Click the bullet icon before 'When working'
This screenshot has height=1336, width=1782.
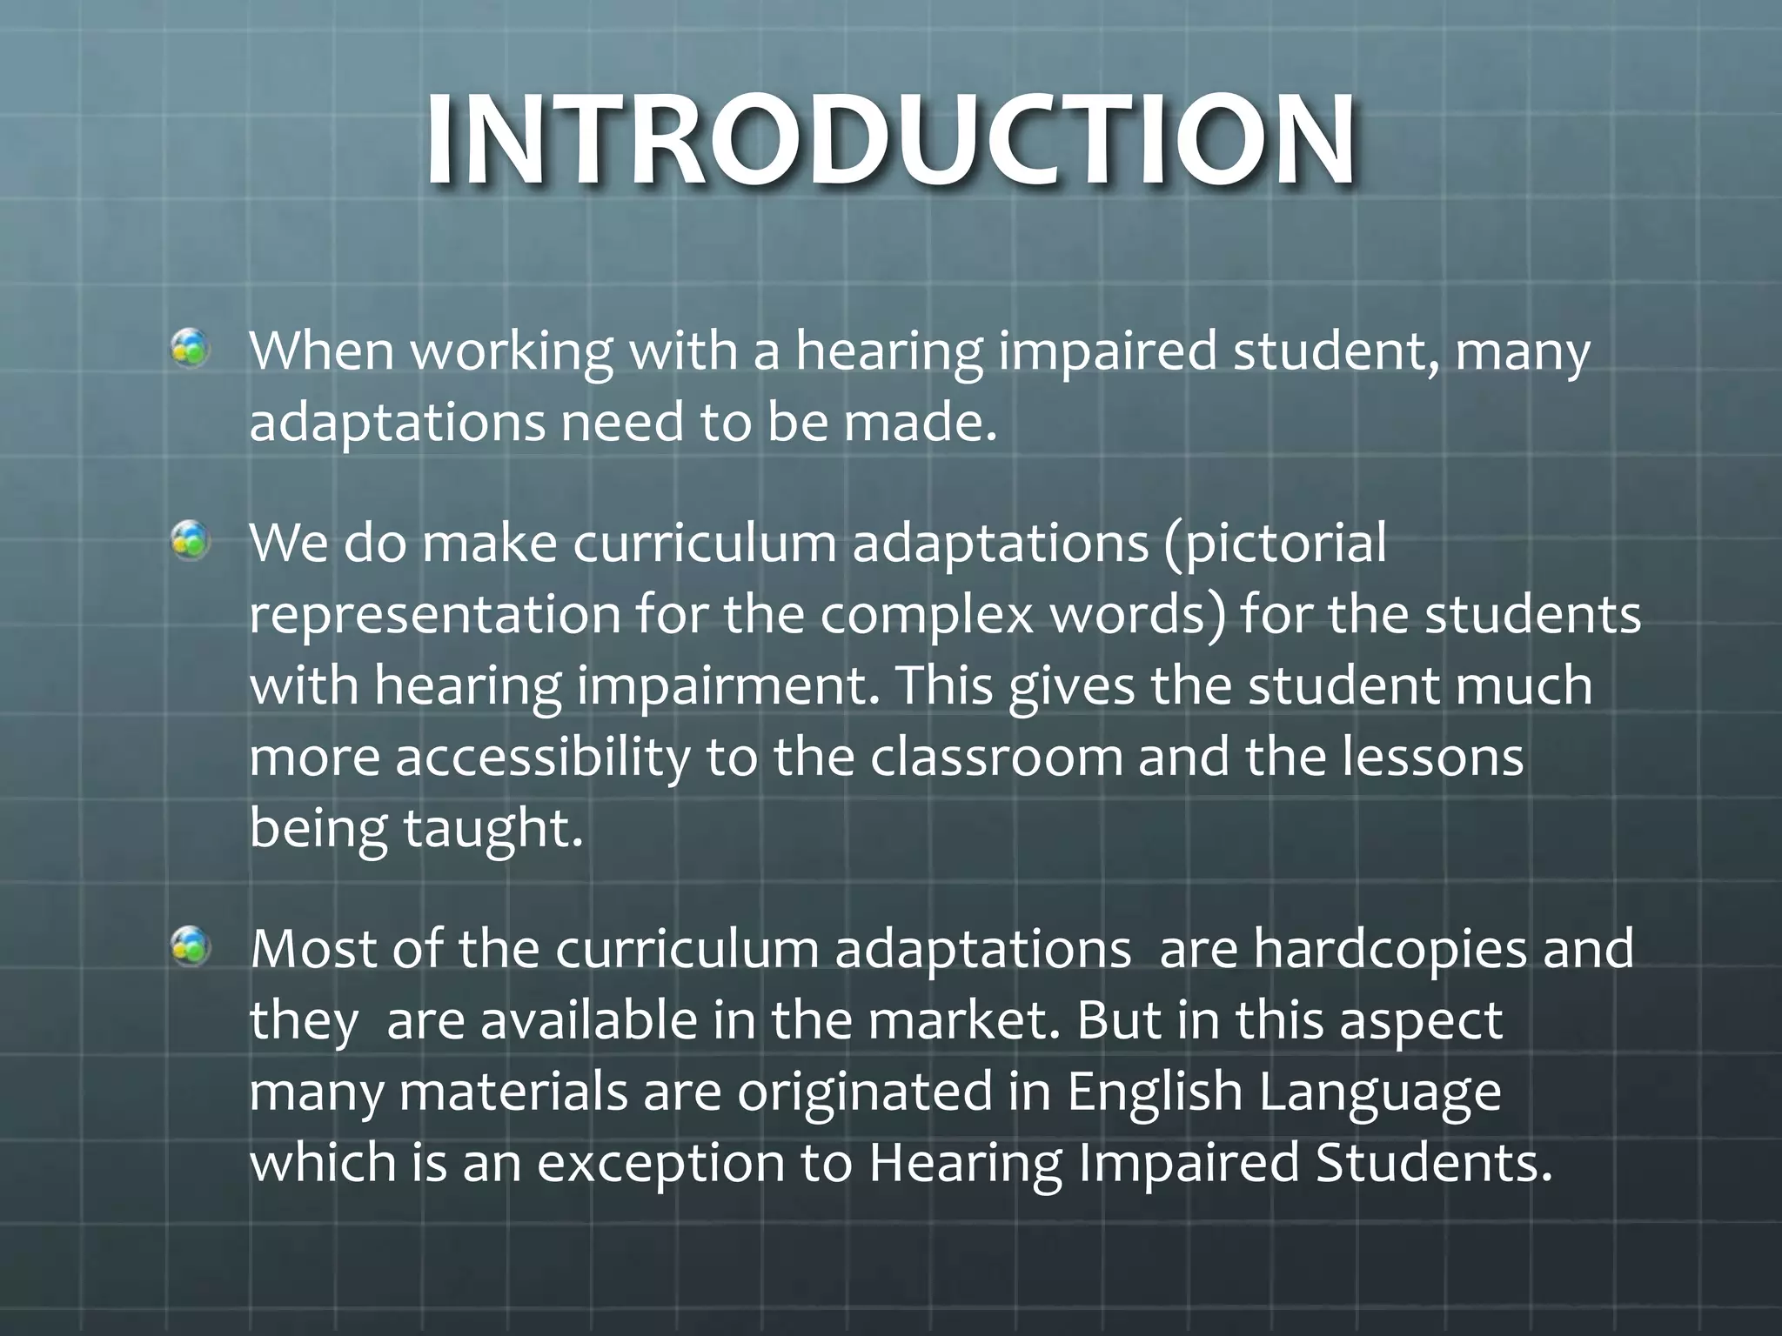(190, 350)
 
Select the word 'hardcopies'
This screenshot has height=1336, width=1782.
(1390, 949)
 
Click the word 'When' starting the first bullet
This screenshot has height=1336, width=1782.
(322, 351)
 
